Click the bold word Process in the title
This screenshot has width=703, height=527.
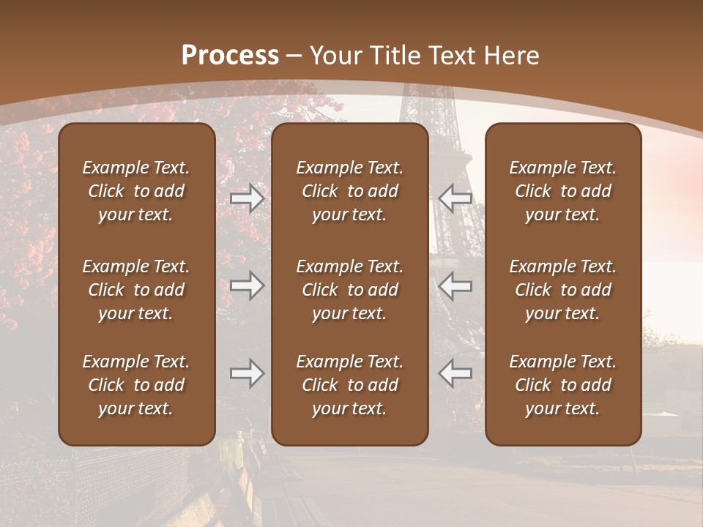(230, 56)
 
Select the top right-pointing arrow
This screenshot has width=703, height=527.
(247, 198)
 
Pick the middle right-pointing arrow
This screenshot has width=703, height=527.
(247, 285)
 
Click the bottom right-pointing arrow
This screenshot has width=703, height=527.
(247, 373)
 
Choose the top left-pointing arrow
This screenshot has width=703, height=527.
(455, 198)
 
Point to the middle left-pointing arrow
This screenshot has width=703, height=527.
(455, 285)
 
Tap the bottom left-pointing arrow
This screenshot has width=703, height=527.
(455, 373)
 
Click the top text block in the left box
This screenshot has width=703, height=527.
(136, 191)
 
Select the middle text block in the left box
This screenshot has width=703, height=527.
(136, 290)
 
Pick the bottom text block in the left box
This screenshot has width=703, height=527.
(136, 385)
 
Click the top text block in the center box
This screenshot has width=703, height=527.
(350, 191)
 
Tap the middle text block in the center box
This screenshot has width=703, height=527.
(350, 290)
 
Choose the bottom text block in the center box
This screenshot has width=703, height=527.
(350, 385)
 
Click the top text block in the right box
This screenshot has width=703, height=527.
(563, 191)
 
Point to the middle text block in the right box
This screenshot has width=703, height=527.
(563, 290)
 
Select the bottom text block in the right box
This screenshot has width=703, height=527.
(563, 385)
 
